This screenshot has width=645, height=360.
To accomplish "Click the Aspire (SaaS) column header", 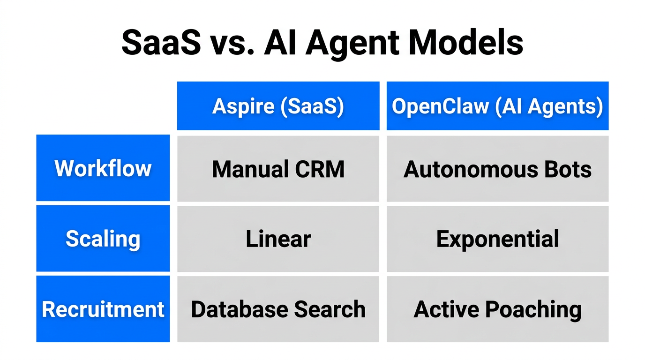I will click(278, 106).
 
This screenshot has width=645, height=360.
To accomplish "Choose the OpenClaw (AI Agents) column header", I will click(497, 106).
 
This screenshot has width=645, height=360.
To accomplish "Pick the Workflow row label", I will click(103, 168).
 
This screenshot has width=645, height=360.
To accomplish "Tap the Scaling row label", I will click(103, 239).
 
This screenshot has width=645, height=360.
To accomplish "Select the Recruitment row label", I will click(103, 309).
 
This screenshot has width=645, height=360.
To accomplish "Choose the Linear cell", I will click(278, 239).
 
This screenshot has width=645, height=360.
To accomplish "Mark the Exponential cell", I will click(497, 239).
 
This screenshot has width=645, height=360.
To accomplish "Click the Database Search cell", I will click(278, 309).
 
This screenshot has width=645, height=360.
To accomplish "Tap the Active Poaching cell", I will click(497, 309).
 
